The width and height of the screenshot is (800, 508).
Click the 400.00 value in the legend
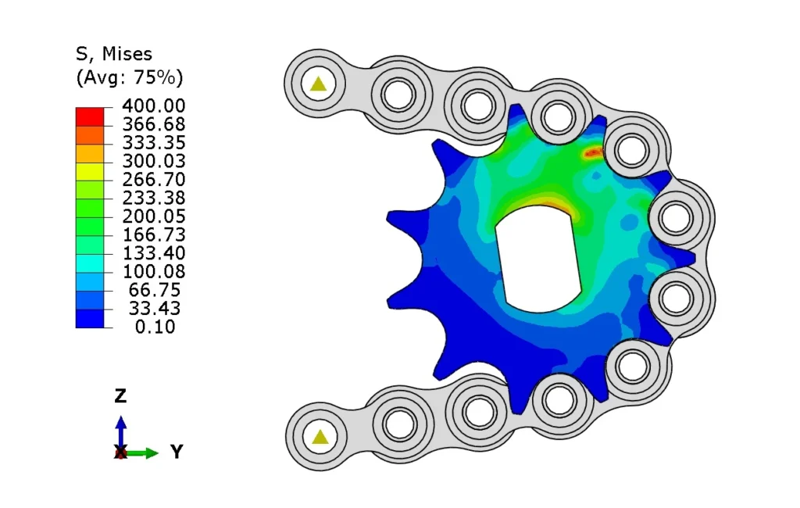[153, 106]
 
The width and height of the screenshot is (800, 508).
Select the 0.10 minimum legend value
[156, 327]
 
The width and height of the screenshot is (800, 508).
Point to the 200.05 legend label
[153, 216]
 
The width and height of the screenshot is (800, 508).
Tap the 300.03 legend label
[153, 161]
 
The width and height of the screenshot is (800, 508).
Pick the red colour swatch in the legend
[89, 116]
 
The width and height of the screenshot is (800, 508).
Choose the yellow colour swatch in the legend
[89, 170]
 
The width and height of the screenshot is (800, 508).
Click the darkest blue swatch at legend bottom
[89, 318]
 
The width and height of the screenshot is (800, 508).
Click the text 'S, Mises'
[113, 54]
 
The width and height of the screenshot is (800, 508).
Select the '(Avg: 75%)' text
[129, 77]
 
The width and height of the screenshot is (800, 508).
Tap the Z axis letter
[120, 395]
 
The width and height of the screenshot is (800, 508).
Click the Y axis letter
[177, 452]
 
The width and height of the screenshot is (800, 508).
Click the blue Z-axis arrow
[120, 428]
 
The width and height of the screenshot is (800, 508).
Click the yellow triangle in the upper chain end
[317, 84]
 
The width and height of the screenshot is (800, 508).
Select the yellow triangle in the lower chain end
[320, 437]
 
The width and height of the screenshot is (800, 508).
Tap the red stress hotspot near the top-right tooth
[593, 152]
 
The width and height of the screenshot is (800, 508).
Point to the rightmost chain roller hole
[676, 216]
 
